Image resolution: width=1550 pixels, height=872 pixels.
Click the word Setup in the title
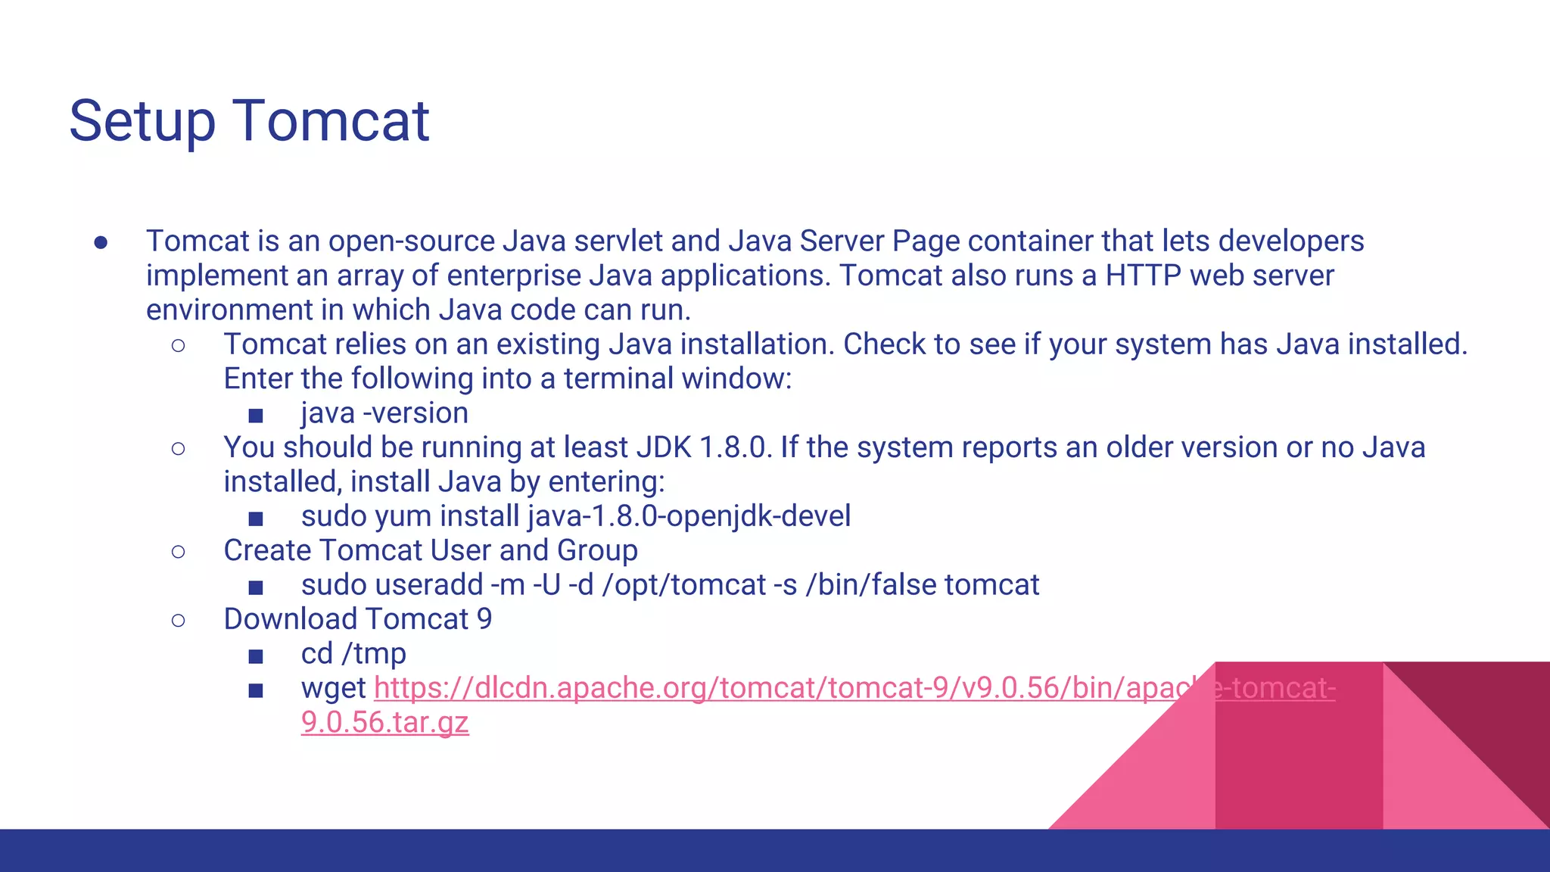(x=142, y=121)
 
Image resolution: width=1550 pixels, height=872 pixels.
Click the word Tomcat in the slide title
(x=331, y=121)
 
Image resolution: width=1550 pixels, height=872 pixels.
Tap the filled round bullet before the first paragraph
(x=101, y=242)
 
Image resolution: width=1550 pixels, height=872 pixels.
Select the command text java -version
(x=384, y=413)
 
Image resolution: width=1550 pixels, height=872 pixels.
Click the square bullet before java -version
(x=256, y=416)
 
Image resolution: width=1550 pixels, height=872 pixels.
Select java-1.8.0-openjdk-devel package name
(x=689, y=516)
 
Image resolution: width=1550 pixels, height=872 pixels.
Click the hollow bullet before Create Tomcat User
(x=179, y=551)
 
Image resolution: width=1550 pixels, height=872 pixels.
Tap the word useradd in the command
(x=429, y=585)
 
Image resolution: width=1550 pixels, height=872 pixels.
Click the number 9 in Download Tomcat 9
(x=484, y=619)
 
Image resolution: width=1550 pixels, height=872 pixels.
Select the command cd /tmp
(x=353, y=654)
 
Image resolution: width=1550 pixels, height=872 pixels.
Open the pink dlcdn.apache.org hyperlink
(x=757, y=688)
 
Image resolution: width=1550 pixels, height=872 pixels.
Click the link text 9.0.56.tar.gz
(x=384, y=722)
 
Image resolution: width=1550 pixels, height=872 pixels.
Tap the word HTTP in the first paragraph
(x=1143, y=276)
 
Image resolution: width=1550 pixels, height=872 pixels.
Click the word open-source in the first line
(x=411, y=241)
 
